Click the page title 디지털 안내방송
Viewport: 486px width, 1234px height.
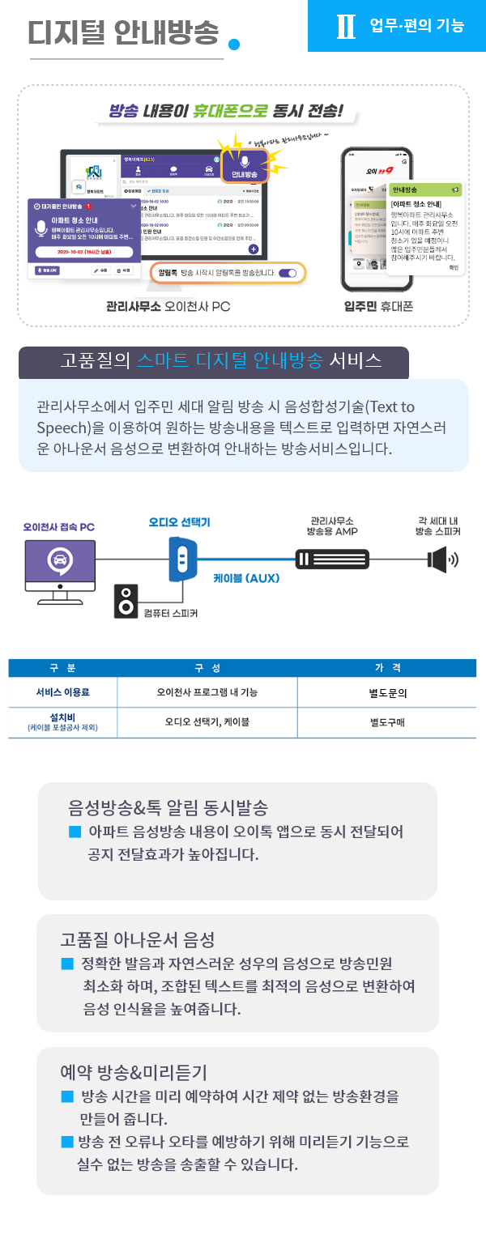click(123, 32)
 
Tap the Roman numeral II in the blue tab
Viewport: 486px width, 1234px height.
click(346, 26)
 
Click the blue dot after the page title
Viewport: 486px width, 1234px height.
click(234, 44)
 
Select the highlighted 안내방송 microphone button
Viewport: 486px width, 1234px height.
click(244, 167)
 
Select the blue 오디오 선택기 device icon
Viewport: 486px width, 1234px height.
click(184, 558)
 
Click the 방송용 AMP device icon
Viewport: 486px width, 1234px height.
click(332, 560)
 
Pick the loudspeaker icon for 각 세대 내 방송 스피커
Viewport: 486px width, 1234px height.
click(441, 560)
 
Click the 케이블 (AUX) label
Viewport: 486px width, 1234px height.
click(245, 578)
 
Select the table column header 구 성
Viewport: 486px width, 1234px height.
click(207, 668)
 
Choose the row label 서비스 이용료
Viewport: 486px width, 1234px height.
click(62, 693)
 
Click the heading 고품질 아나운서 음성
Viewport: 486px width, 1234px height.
click(137, 939)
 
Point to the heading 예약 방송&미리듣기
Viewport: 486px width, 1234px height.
click(134, 1072)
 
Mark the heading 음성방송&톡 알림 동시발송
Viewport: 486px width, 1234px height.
click(168, 807)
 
